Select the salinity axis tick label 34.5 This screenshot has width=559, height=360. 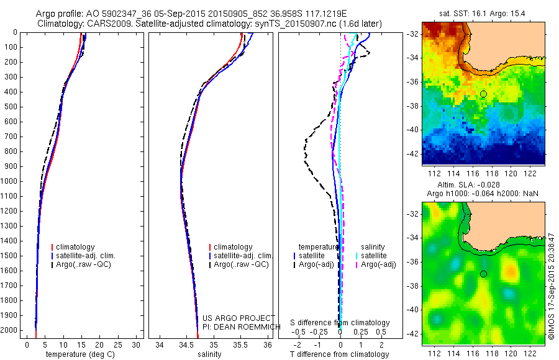click(x=186, y=344)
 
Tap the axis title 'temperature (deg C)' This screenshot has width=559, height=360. click(x=78, y=354)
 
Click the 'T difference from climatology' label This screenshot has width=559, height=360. click(x=340, y=354)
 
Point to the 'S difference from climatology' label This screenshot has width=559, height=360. click(x=340, y=323)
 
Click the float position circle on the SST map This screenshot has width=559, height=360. click(x=483, y=94)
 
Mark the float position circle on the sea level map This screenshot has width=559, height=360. click(x=483, y=274)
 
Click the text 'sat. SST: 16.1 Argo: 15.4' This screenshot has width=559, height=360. click(x=483, y=13)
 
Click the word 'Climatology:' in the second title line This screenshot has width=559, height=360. click(x=59, y=24)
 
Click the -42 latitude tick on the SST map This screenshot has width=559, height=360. click(x=412, y=153)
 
